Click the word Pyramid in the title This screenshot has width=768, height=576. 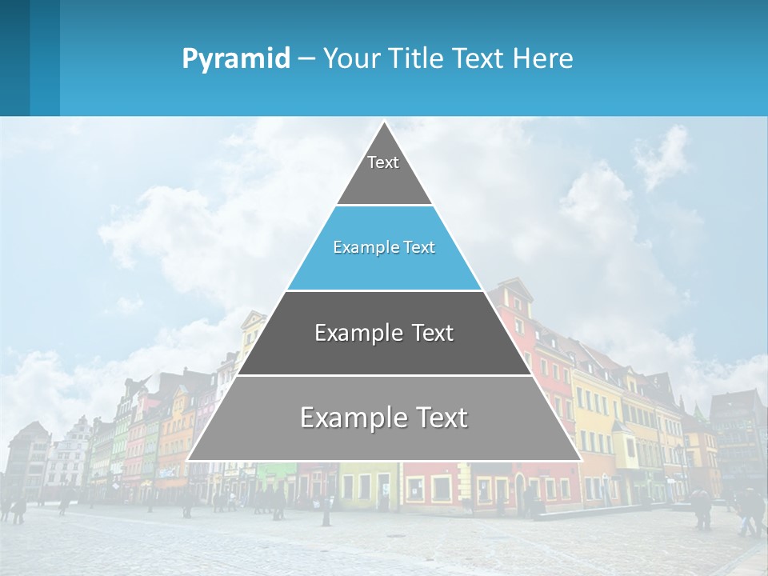coord(236,59)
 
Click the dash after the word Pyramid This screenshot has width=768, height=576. coord(306,59)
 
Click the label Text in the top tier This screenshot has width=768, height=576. coord(383,162)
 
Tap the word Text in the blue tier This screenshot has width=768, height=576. coord(420,247)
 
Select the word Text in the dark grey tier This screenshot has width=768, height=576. coord(434,333)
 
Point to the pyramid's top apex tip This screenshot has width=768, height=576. coord(384,122)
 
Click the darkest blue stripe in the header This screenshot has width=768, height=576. coord(14,58)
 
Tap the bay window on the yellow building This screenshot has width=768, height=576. coord(622,436)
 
